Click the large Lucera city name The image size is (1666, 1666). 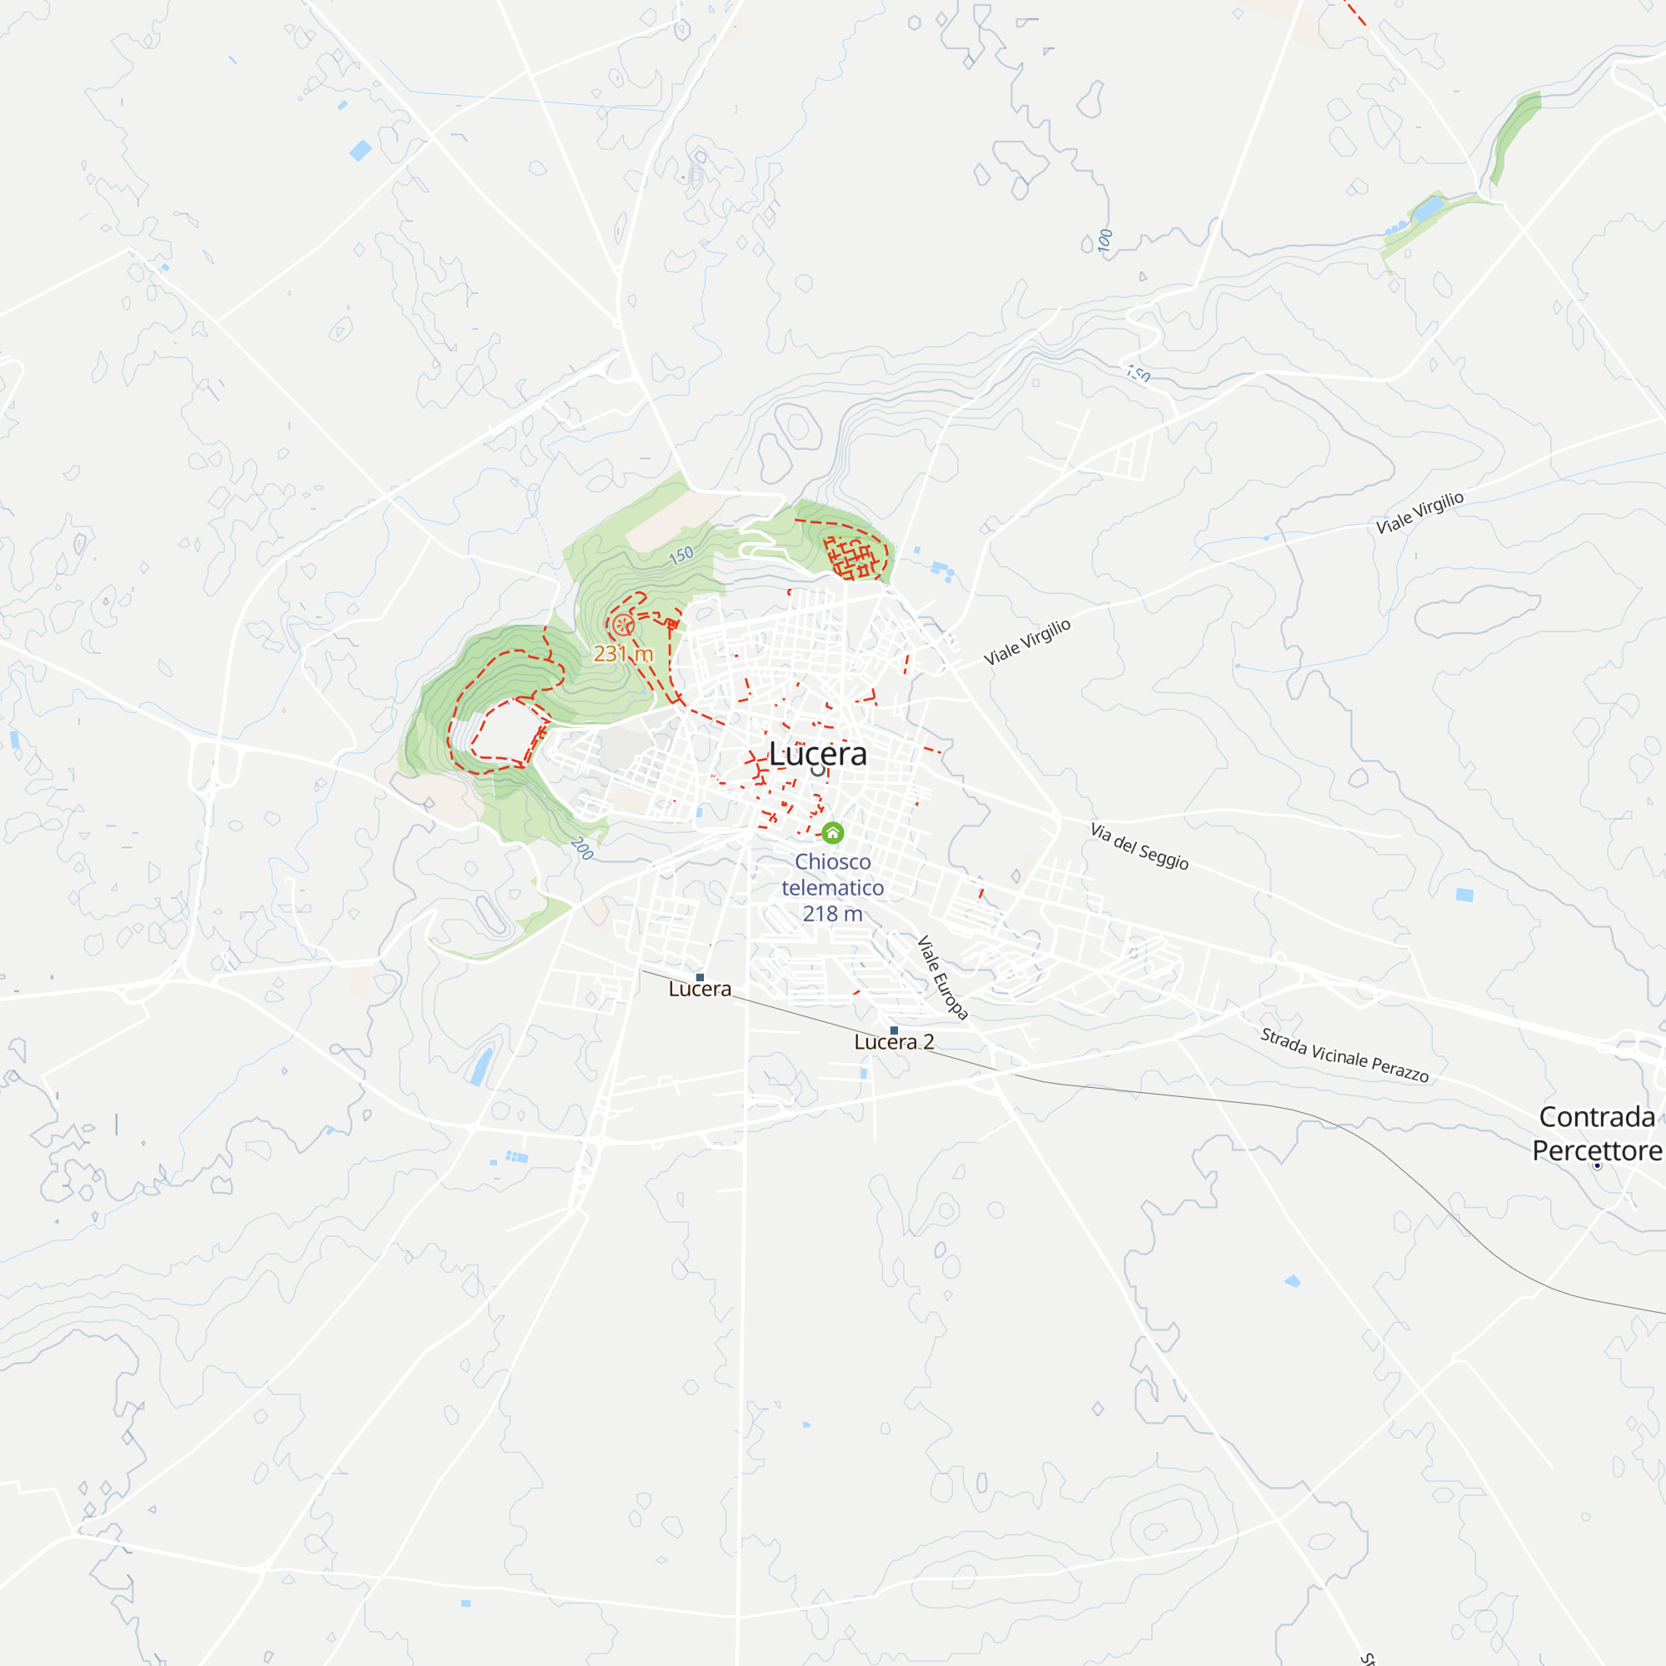[x=817, y=754]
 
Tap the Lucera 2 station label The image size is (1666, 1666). [x=893, y=1042]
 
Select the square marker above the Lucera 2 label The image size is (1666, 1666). [x=894, y=1030]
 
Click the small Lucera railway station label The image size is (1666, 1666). [x=700, y=989]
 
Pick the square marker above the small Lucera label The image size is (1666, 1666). [x=700, y=977]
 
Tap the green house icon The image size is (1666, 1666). [x=832, y=833]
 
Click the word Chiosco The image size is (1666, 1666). [x=832, y=861]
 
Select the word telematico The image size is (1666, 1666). [x=832, y=887]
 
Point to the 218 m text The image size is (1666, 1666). [x=832, y=914]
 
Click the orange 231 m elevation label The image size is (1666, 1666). [x=622, y=654]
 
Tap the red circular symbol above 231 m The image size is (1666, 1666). [x=623, y=626]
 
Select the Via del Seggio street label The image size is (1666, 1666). [x=1139, y=846]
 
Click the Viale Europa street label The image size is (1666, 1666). [x=942, y=978]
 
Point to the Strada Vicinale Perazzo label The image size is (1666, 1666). [x=1344, y=1055]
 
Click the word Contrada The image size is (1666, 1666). [x=1596, y=1118]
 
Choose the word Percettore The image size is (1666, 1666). [x=1596, y=1150]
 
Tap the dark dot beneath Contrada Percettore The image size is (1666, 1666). [x=1597, y=1166]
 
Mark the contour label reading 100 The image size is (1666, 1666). [x=1105, y=240]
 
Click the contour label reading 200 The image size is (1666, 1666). [x=582, y=849]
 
